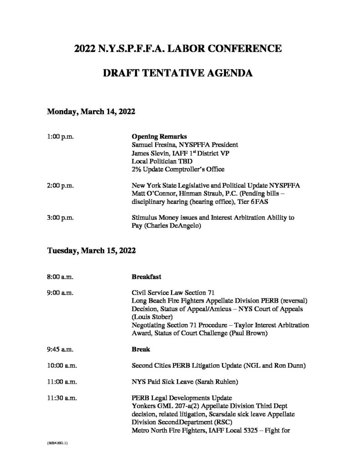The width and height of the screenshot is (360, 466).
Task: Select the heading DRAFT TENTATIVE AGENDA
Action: [x=180, y=72]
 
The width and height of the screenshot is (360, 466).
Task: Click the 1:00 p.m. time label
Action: [x=61, y=136]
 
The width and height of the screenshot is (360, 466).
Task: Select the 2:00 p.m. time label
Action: [x=61, y=186]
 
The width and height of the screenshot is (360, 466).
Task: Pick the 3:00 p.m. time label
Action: [x=61, y=218]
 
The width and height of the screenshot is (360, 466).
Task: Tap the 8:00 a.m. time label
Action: [x=61, y=276]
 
